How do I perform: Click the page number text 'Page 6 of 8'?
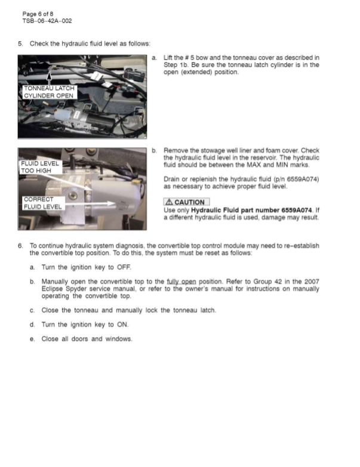38,14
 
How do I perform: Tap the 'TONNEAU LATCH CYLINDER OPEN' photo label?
49,92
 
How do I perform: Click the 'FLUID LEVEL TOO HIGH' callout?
40,166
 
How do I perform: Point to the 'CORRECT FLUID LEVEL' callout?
42,203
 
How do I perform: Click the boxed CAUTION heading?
186,202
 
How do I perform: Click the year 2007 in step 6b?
309,282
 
